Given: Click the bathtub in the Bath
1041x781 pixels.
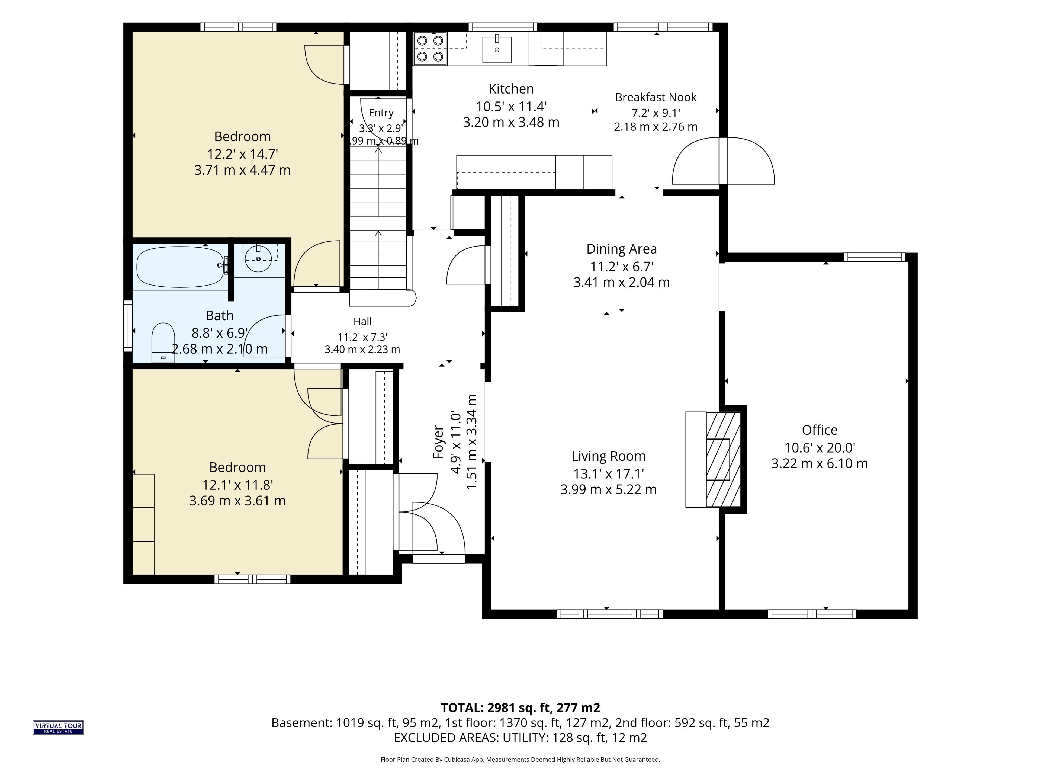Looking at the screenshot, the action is coord(180,267).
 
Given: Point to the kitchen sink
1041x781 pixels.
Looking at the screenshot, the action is coord(496,49).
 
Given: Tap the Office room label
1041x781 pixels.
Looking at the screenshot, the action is coord(819,430).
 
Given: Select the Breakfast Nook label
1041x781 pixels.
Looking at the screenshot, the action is coord(656,97).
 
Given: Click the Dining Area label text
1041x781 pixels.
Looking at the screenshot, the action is coord(621,249).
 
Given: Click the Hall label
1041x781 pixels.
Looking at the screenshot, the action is coord(362,322).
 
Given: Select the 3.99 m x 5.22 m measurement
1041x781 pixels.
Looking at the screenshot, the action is coord(608,489).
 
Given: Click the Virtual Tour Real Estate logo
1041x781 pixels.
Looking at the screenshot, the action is coord(58,727).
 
